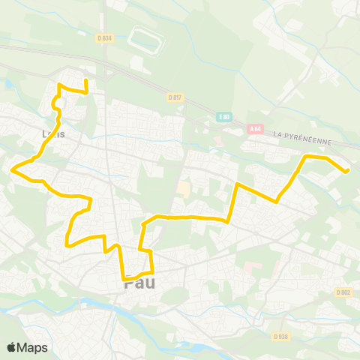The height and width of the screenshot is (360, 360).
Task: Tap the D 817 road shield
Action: (x=174, y=97)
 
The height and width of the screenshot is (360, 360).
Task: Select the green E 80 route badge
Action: (x=223, y=117)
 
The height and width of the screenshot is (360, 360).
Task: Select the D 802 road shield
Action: (x=343, y=292)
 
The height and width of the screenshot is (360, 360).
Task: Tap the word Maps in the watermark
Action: (x=33, y=347)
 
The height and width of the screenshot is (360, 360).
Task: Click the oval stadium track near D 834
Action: (x=145, y=40)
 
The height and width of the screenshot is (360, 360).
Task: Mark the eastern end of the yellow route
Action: (x=348, y=170)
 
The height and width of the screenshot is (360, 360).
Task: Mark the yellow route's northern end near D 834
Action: (x=85, y=80)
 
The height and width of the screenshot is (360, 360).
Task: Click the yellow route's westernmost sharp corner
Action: (x=13, y=169)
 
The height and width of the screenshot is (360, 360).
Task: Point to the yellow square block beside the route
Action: (x=184, y=188)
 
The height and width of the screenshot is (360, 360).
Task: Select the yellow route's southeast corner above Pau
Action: (x=152, y=271)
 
